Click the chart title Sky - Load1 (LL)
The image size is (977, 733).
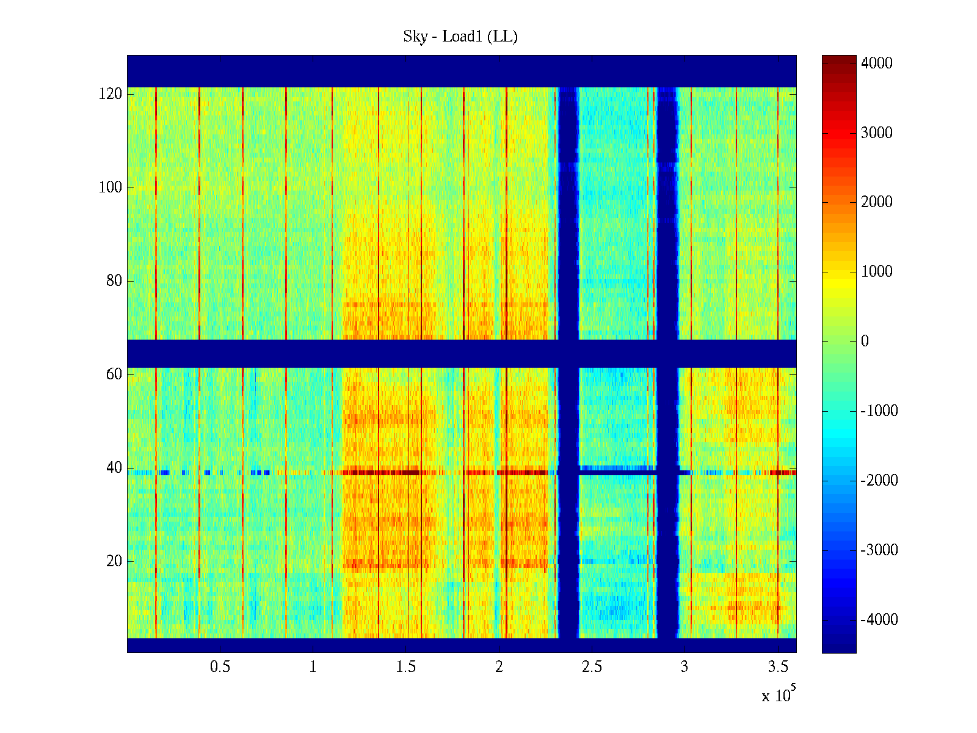click(x=460, y=37)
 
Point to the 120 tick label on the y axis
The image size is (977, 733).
click(x=111, y=94)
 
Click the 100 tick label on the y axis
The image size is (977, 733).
click(x=111, y=188)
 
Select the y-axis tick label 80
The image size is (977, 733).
click(x=114, y=281)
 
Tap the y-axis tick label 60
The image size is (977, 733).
click(x=114, y=374)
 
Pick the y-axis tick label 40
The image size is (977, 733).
click(x=114, y=468)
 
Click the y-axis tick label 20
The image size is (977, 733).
click(x=114, y=561)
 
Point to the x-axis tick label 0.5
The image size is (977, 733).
click(x=220, y=667)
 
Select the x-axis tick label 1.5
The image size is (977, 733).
click(x=406, y=667)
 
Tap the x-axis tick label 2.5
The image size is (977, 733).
click(x=592, y=667)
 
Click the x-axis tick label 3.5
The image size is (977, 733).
click(x=778, y=667)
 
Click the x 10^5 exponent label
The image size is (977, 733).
click(x=779, y=695)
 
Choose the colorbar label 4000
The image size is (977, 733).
click(x=876, y=64)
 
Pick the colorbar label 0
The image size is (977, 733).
click(x=865, y=341)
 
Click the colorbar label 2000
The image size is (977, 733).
click(x=876, y=202)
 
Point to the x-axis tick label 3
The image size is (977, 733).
click(x=685, y=667)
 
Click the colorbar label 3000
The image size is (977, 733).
click(x=876, y=133)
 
